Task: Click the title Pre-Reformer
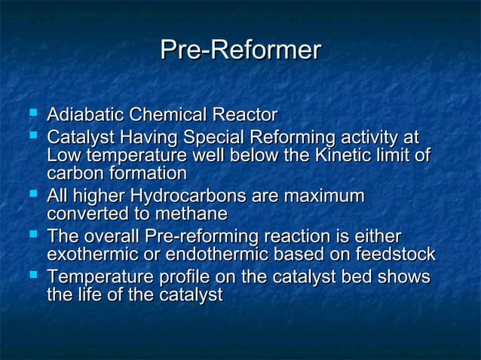click(240, 50)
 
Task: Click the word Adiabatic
click(85, 116)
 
